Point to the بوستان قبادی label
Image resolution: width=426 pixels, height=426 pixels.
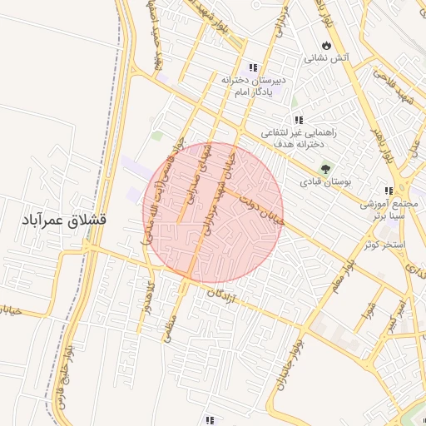tap(331, 181)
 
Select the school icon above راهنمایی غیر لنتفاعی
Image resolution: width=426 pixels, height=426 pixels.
tap(298, 120)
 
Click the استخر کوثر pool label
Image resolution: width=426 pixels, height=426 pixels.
tap(384, 245)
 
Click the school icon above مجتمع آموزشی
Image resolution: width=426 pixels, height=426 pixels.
tap(388, 191)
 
